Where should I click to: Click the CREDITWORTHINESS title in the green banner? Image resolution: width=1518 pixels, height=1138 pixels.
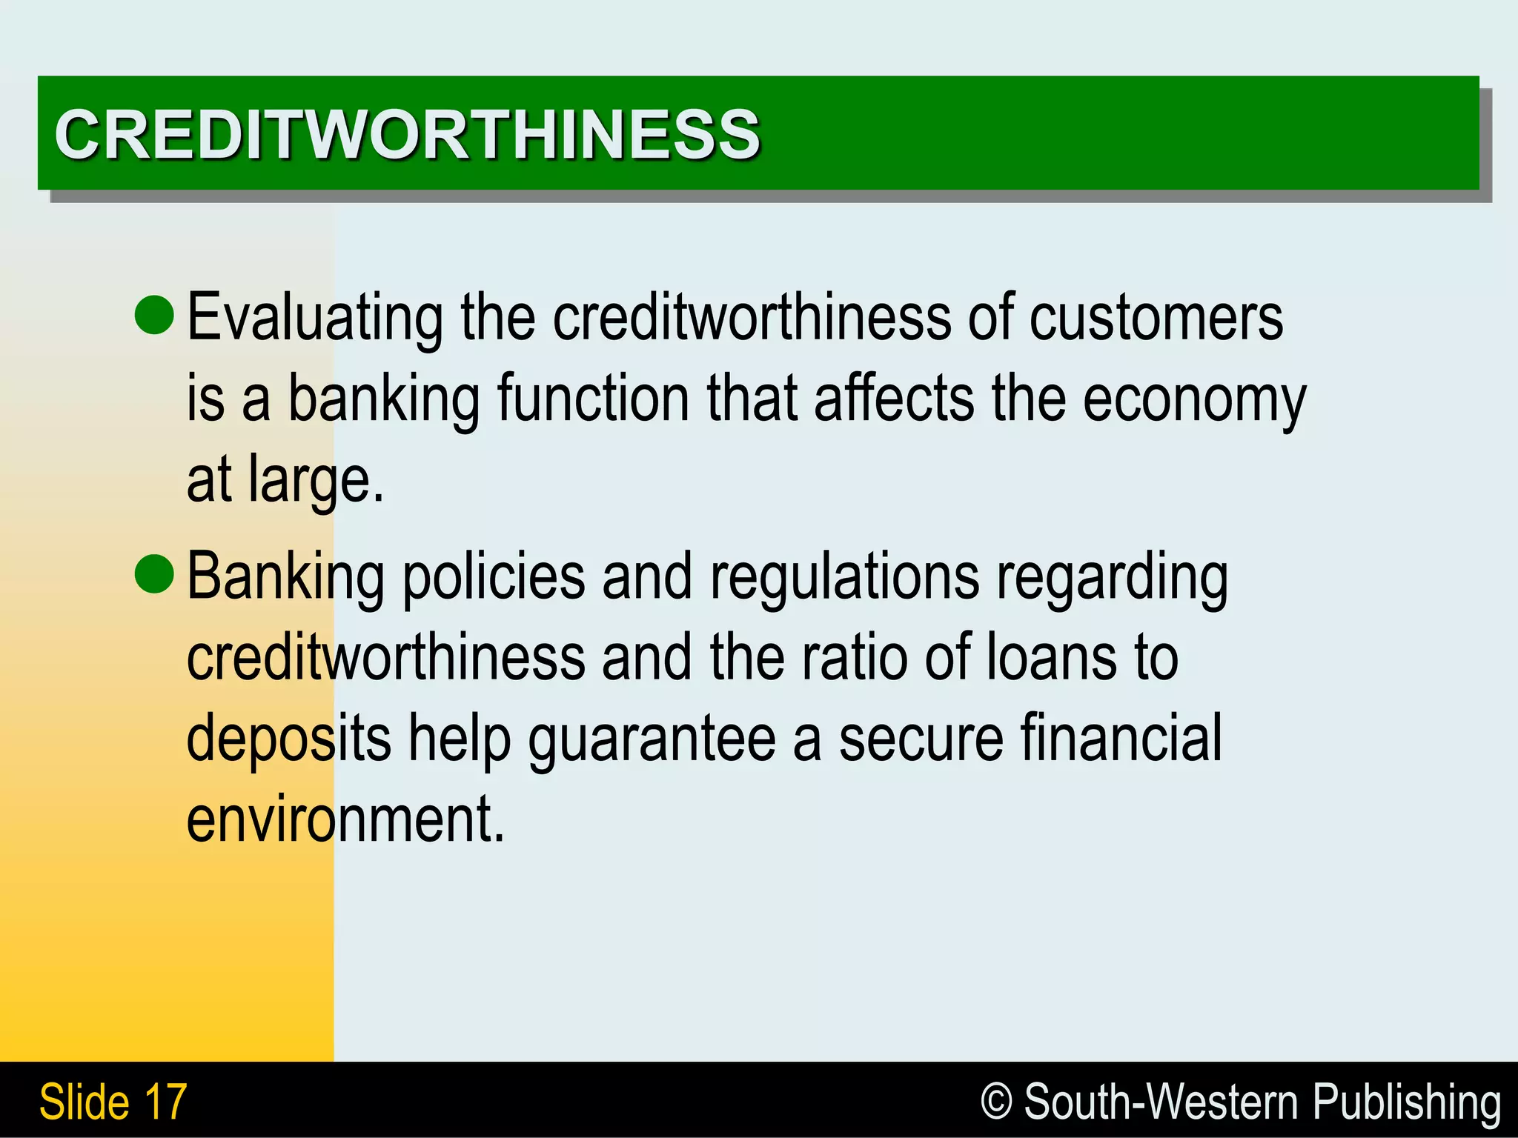point(407,134)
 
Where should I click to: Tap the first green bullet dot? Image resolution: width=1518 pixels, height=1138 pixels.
point(155,313)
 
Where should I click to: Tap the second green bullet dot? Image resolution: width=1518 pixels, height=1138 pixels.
point(155,573)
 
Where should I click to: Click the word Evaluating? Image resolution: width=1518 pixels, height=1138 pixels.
point(315,319)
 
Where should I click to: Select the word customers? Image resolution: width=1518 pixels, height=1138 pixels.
point(1156,319)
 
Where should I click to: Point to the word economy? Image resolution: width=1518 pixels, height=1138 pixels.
point(1194,401)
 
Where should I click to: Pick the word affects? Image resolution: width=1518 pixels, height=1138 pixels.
point(894,399)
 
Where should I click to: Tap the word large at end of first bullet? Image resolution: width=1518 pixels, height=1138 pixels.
point(315,482)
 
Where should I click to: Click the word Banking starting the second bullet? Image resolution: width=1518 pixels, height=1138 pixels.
point(285,578)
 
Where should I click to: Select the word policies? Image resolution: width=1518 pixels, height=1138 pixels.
point(493,578)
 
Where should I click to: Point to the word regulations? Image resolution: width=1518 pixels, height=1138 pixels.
point(844,578)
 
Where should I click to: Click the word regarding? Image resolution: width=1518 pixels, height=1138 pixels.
point(1112,578)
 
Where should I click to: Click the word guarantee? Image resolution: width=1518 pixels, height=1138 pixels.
point(652,739)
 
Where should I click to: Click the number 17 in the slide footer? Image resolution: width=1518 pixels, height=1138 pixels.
point(166,1102)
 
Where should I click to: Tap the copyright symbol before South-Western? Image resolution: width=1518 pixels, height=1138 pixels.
point(996,1102)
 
